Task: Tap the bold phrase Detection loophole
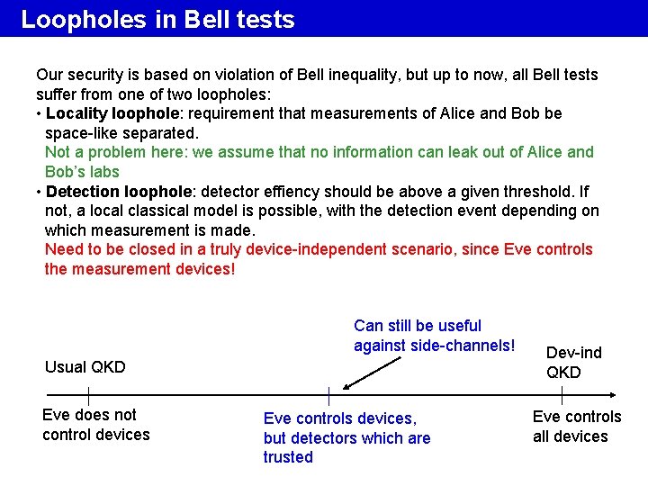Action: point(120,192)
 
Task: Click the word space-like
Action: point(81,133)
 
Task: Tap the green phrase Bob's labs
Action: point(82,172)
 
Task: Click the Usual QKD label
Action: point(85,367)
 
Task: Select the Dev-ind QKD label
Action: point(573,362)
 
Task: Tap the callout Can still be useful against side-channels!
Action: point(435,335)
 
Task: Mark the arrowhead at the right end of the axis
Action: point(611,395)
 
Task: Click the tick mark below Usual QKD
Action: point(88,395)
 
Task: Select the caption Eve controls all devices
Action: point(576,427)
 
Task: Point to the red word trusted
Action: point(288,457)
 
